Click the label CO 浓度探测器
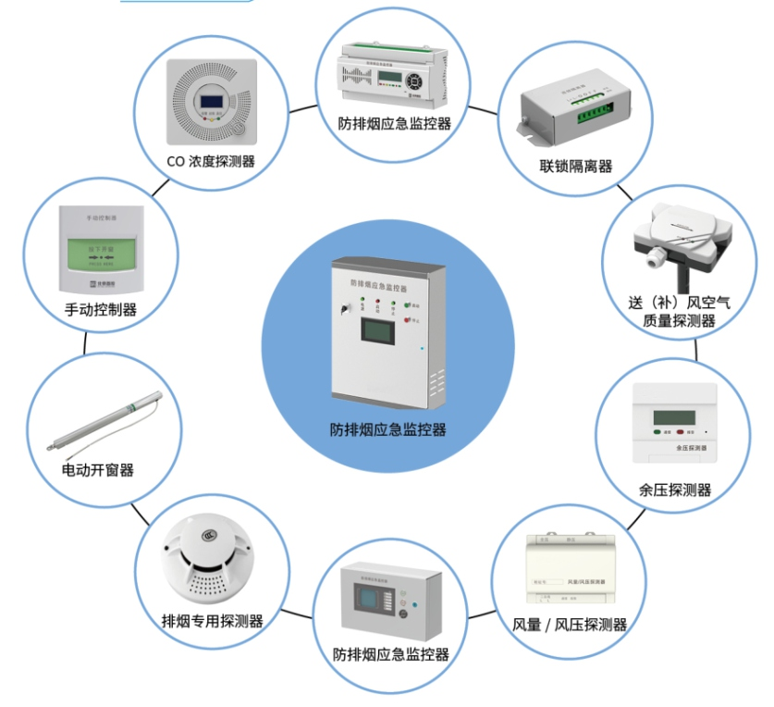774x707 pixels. [211, 162]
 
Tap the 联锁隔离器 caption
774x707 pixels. [576, 167]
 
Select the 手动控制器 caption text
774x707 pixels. [101, 310]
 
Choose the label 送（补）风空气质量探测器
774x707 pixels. [682, 312]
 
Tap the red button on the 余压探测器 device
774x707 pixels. [682, 431]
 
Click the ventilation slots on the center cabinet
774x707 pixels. [438, 383]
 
